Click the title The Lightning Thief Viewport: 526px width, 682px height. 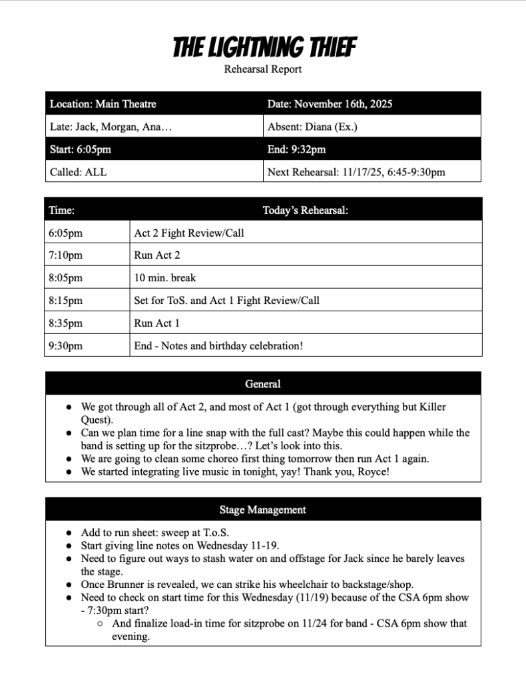coord(263,47)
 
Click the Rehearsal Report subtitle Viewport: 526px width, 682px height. coord(263,69)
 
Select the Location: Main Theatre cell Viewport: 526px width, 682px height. coord(103,104)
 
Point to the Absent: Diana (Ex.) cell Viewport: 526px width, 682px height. coord(312,127)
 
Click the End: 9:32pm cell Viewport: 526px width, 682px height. coord(296,149)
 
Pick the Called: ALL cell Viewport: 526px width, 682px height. coord(78,172)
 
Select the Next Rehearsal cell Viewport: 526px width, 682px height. coord(356,172)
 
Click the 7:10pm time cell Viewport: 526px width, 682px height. coord(65,255)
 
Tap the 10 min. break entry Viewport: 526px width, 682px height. coord(165,277)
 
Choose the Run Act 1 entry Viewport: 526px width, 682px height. coord(157,323)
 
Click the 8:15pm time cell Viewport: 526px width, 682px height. coord(65,300)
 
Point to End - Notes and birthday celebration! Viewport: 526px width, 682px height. coord(218,345)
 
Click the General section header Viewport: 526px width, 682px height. coord(263,384)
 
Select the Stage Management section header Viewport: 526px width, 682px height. coord(263,510)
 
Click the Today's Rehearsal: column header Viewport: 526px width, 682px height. coord(306,211)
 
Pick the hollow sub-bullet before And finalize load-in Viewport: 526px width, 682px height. coord(99,624)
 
